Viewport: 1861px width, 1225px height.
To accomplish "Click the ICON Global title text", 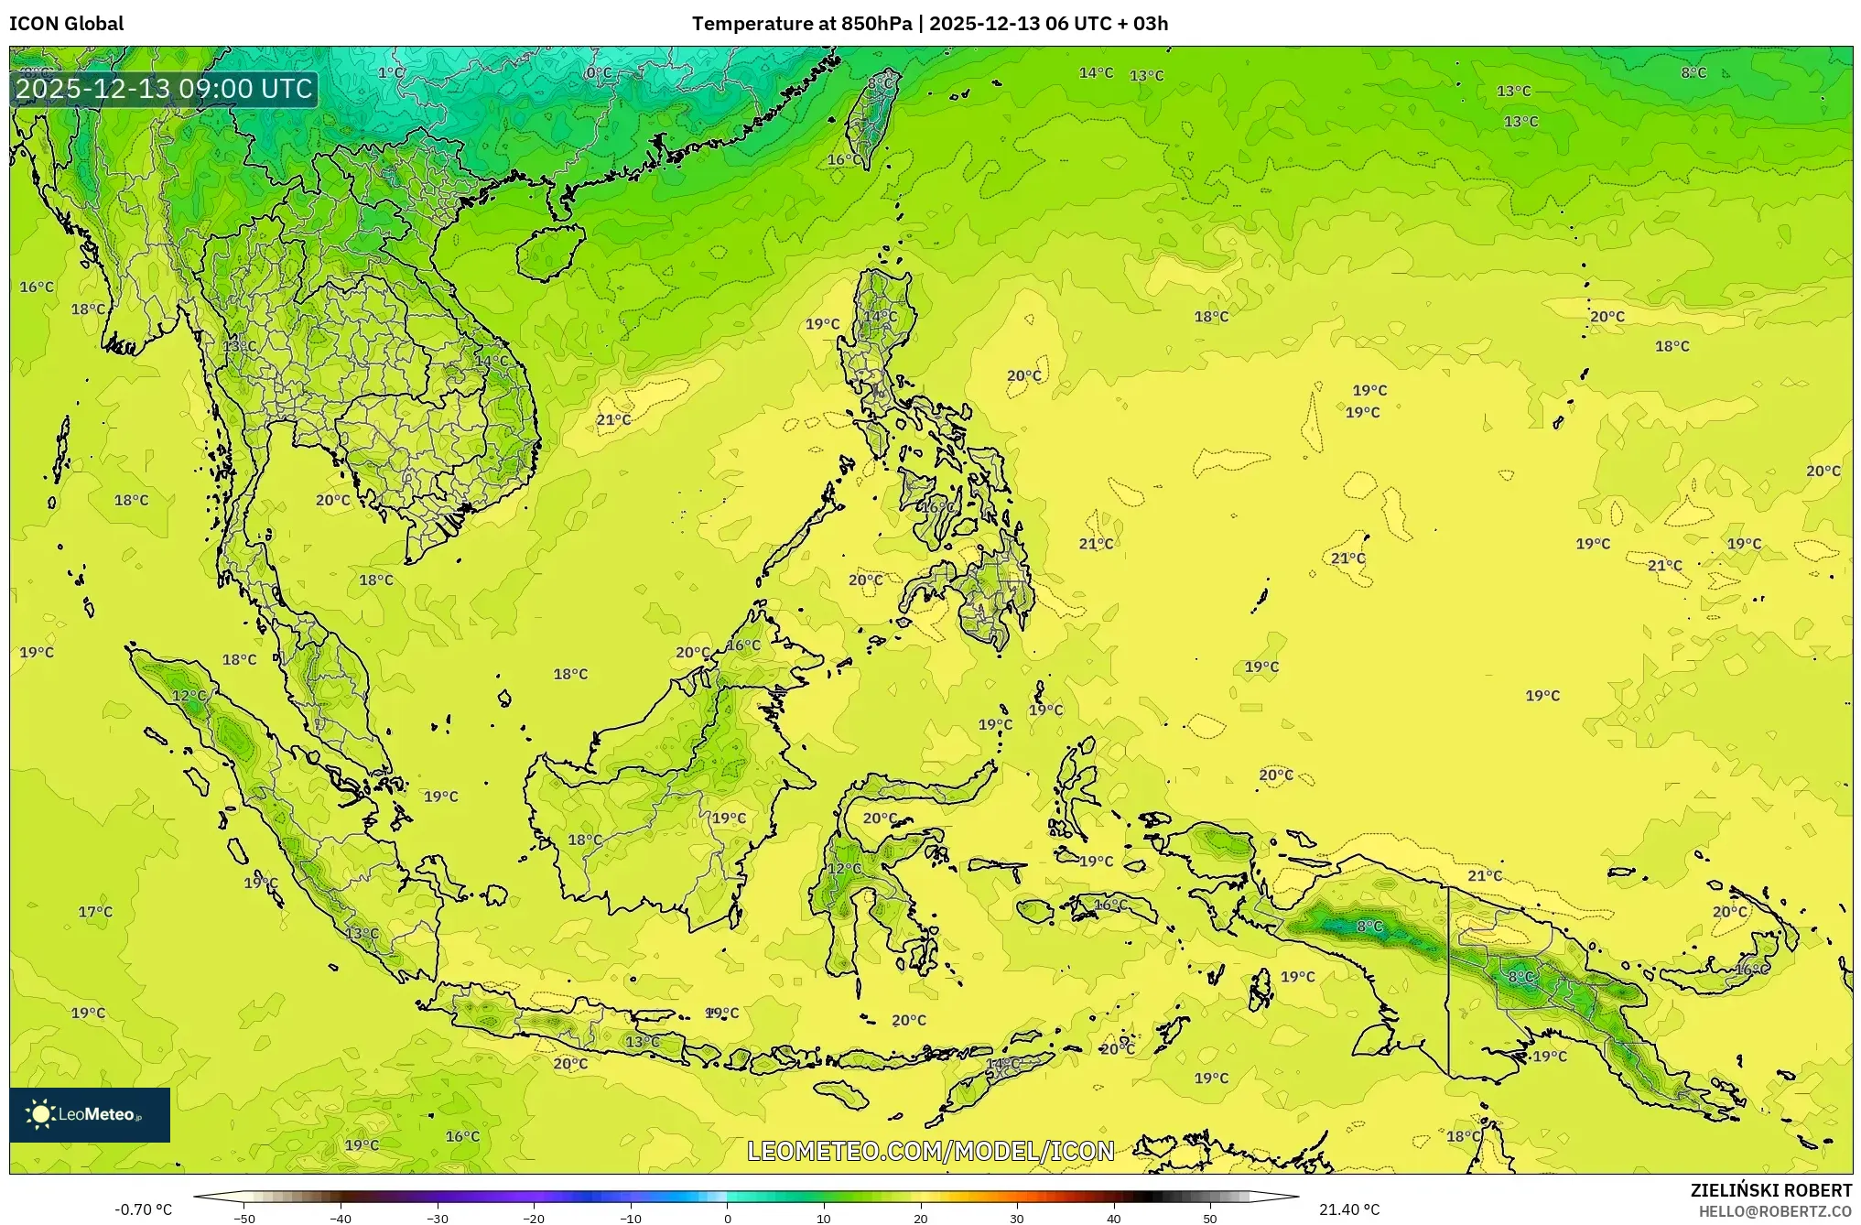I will tap(66, 24).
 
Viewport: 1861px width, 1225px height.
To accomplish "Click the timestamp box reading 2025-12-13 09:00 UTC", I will tap(165, 89).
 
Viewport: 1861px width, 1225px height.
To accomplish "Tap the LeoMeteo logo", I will tap(90, 1114).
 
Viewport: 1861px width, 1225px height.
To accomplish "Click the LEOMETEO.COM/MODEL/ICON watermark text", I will tap(930, 1151).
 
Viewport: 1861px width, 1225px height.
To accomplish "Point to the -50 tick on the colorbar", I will tap(244, 1218).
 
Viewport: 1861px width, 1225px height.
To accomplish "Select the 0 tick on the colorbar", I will tap(728, 1218).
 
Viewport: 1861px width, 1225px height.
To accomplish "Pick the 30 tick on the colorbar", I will tap(1017, 1218).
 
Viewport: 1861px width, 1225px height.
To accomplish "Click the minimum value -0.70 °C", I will tap(143, 1209).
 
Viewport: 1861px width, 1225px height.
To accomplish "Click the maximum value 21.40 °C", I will tap(1349, 1209).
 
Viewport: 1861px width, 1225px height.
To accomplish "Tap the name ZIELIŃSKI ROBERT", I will tap(1770, 1190).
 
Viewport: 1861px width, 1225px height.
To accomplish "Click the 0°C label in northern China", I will tap(599, 73).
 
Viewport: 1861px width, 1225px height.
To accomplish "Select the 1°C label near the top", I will tap(391, 73).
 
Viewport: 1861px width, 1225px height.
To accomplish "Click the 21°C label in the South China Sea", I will tap(613, 420).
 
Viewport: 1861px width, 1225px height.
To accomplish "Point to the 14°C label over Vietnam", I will tap(491, 362).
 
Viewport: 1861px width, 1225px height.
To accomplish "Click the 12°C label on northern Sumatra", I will tap(189, 696).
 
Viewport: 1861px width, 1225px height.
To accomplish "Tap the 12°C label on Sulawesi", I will tap(844, 869).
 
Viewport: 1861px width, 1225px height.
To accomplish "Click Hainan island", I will tap(550, 251).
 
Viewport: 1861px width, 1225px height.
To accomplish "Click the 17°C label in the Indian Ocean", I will tap(95, 912).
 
